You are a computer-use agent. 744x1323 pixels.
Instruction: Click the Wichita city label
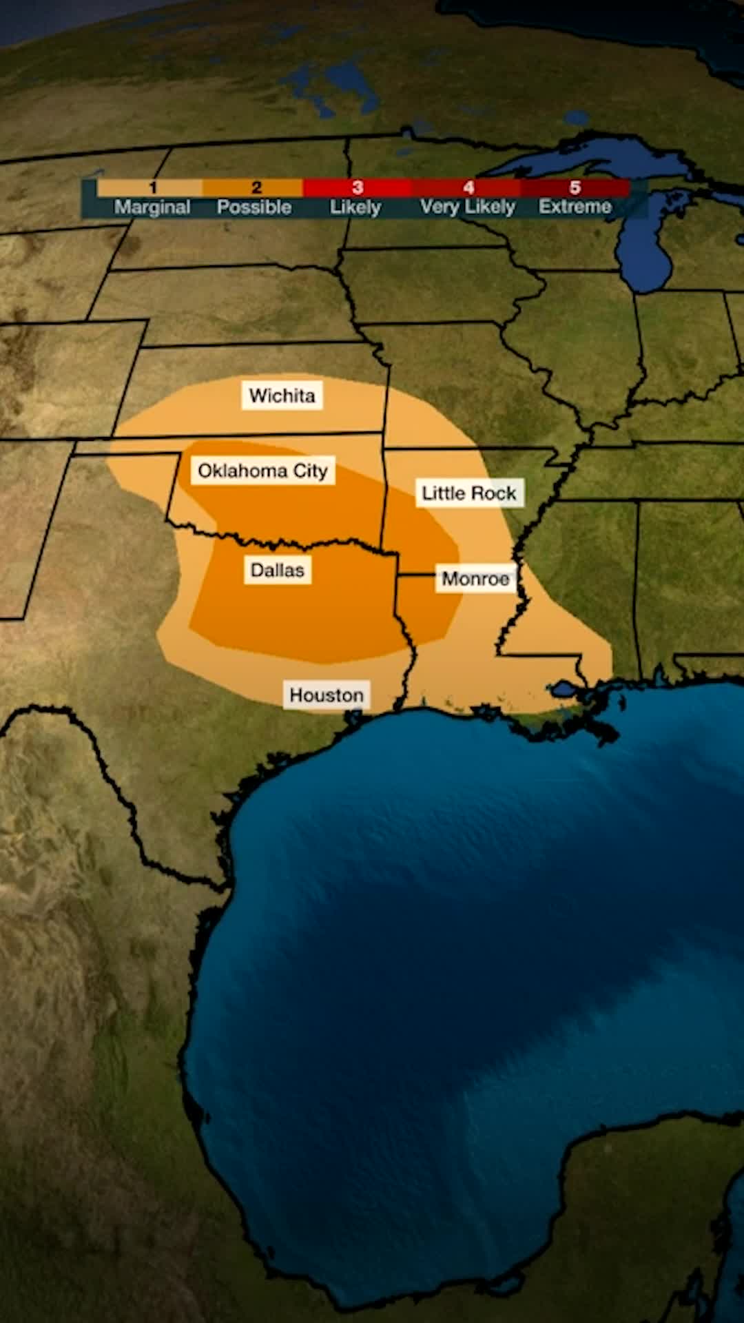(282, 396)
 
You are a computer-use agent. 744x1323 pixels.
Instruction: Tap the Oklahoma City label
(262, 471)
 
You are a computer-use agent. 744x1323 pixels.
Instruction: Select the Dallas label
(277, 571)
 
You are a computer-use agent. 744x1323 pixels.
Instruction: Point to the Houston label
(326, 695)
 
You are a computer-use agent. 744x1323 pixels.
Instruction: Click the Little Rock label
(468, 493)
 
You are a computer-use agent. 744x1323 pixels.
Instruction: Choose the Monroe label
(475, 579)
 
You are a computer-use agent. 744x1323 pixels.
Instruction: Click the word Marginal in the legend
(152, 207)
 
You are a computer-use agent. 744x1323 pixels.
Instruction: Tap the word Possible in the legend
(254, 207)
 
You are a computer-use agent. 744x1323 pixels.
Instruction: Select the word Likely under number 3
(355, 207)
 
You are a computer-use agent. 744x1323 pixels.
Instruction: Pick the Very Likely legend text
(468, 207)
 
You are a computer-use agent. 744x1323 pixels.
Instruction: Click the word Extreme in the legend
(575, 207)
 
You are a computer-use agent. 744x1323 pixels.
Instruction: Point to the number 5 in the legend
(575, 187)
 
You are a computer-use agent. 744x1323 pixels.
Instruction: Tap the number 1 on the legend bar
(153, 187)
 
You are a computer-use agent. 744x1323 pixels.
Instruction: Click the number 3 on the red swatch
(357, 187)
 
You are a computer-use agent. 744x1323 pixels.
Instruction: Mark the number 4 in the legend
(468, 187)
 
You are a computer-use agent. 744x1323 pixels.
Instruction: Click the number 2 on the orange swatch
(256, 187)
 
